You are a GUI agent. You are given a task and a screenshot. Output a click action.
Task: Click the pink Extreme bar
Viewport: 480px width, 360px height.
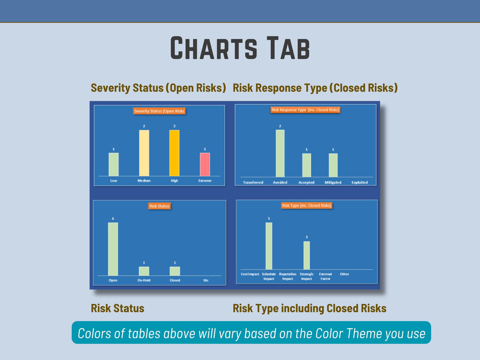click(x=205, y=165)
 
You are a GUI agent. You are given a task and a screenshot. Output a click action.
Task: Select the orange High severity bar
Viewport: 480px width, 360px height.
click(x=174, y=153)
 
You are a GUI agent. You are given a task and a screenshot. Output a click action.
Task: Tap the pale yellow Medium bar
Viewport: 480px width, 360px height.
click(x=144, y=153)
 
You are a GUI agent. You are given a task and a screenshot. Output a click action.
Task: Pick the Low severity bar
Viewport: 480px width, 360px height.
click(x=113, y=165)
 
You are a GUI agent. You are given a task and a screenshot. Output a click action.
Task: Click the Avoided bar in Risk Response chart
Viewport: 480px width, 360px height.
click(x=280, y=153)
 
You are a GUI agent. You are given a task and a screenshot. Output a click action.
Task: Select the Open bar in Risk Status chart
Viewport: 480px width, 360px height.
click(x=113, y=249)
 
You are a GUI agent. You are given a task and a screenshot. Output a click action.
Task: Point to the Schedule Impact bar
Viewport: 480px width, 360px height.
click(x=269, y=246)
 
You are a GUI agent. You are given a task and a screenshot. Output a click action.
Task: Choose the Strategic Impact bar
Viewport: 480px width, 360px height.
click(x=307, y=255)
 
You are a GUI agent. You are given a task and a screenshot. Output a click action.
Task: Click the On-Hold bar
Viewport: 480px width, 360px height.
click(x=144, y=271)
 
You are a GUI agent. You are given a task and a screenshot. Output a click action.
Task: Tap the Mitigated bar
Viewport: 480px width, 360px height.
click(x=333, y=165)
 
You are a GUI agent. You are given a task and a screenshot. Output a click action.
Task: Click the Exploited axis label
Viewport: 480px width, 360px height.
click(x=360, y=182)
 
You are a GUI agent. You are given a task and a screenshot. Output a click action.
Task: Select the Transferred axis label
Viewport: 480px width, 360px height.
click(x=253, y=182)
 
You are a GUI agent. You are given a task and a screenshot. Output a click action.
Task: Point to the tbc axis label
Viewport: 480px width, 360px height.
click(x=206, y=280)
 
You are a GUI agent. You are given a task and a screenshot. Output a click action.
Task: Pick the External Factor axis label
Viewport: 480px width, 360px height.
click(x=325, y=277)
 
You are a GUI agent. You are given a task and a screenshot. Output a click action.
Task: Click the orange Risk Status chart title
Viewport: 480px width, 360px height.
click(x=159, y=206)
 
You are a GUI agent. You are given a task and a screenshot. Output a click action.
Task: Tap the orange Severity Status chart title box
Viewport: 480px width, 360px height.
click(x=159, y=111)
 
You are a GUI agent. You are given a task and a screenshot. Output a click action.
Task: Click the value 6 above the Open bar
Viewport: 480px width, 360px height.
click(x=113, y=218)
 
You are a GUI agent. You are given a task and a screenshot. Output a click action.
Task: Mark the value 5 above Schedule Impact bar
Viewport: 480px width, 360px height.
click(x=269, y=218)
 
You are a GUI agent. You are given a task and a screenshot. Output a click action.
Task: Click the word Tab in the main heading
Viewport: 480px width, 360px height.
click(x=288, y=48)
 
